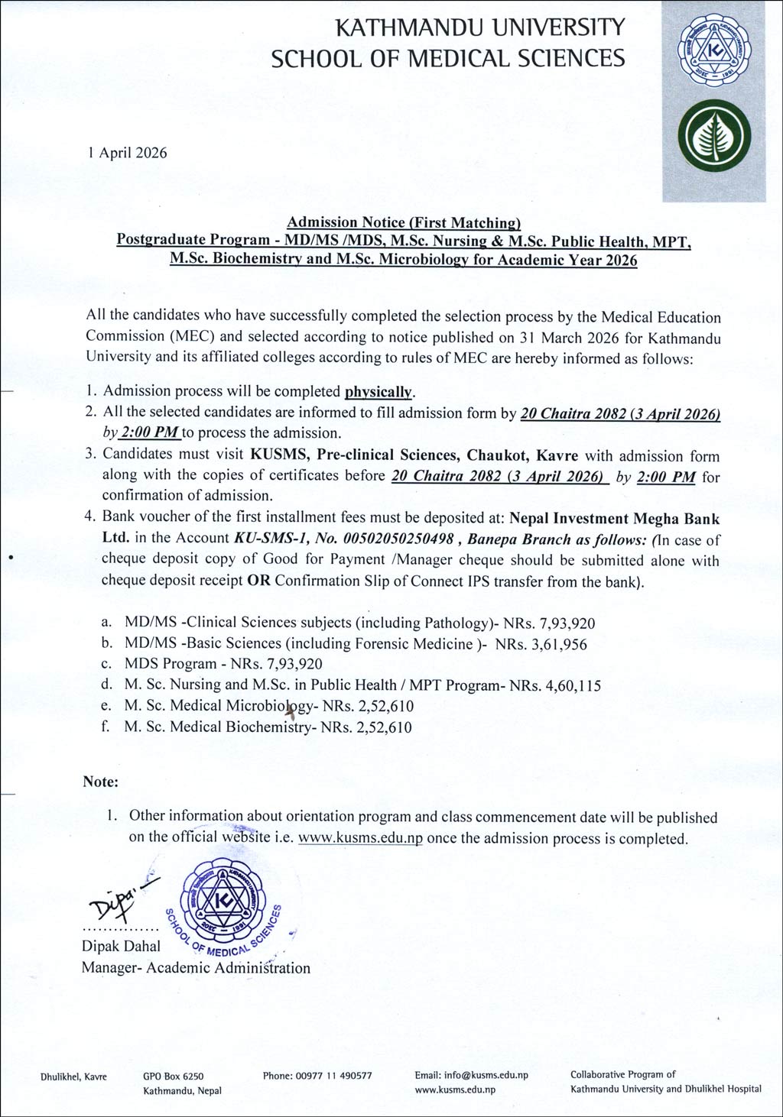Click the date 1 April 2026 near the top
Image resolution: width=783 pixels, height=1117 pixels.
127,152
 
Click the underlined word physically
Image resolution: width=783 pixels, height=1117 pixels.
379,392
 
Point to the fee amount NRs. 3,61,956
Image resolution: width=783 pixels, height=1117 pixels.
541,643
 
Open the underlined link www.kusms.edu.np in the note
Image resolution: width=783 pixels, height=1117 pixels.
360,838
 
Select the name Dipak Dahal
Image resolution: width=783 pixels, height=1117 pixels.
121,946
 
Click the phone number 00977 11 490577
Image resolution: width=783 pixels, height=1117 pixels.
317,1075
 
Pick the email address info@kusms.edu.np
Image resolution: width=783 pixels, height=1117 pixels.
472,1075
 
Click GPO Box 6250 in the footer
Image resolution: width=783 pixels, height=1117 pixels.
173,1076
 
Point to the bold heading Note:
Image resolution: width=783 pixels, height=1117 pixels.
101,782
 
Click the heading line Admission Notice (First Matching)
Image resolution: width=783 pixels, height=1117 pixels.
403,222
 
